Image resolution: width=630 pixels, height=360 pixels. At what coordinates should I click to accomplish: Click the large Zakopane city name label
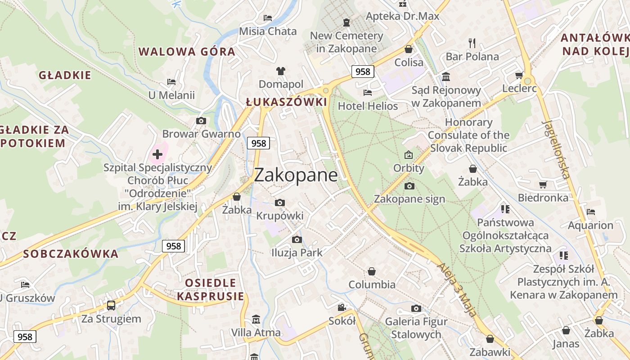coord(296,175)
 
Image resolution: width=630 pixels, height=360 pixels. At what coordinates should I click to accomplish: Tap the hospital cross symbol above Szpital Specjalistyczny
coord(157,154)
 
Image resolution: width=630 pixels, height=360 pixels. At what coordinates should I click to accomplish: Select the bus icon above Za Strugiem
coord(111,306)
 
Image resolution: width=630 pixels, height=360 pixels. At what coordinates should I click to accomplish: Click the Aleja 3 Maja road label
coord(456,289)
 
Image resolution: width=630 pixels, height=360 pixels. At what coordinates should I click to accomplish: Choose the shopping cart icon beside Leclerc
coord(519,75)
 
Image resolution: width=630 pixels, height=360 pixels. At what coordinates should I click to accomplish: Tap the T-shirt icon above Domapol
coord(281,71)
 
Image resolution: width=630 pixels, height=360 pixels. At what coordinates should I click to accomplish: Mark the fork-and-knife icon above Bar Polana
coord(472,43)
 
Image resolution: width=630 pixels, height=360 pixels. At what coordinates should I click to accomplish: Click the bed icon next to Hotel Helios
coord(368,93)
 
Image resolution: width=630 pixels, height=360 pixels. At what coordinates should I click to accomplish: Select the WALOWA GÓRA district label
coord(187,51)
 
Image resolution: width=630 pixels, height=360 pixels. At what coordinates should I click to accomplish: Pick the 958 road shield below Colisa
coord(363,71)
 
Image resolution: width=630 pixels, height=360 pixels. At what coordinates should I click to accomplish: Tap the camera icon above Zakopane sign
coord(409,186)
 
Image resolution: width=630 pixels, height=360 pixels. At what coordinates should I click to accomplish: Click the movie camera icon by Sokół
coord(342,307)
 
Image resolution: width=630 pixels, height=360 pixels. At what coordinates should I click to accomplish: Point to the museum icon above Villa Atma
coord(256,319)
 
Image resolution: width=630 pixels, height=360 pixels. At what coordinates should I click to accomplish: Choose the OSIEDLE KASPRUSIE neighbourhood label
coord(211,289)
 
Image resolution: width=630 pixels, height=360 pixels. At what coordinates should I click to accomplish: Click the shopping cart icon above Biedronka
coord(543,184)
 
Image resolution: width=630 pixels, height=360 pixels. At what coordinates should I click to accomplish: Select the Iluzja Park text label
coord(297,252)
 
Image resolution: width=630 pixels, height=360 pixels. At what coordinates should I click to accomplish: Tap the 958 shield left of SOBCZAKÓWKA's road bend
coord(173,246)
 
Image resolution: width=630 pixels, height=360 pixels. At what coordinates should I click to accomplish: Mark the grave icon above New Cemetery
coord(346,22)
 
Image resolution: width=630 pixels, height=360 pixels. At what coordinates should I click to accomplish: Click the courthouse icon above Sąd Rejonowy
coord(446,76)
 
